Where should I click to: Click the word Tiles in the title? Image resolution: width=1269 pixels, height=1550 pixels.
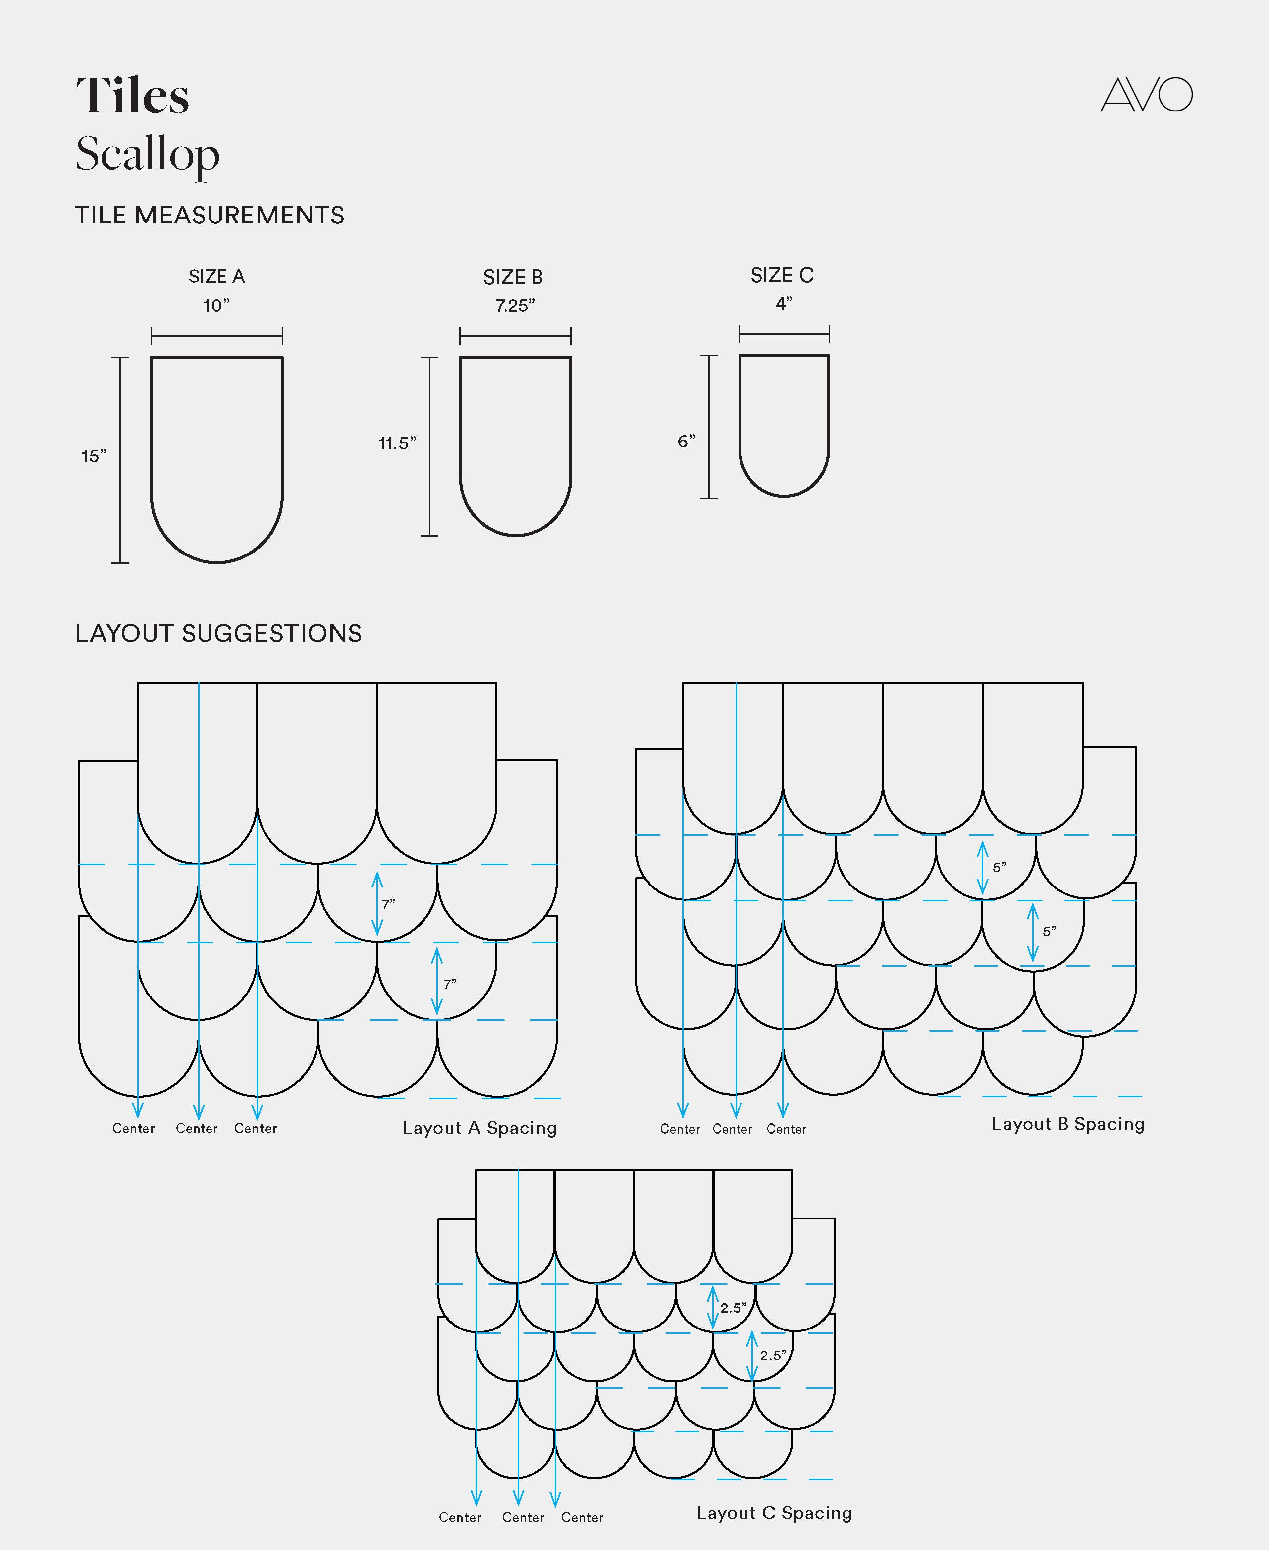point(132,96)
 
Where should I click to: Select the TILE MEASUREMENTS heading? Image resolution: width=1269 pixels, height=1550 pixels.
point(209,216)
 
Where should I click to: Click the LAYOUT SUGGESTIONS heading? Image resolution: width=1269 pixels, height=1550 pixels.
point(218,633)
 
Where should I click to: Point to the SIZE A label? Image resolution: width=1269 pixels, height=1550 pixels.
point(216,276)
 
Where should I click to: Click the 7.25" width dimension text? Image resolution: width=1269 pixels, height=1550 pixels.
point(515,306)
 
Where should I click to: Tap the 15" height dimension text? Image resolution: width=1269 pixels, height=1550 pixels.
point(94,457)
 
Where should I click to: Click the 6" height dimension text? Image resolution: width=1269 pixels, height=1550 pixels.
point(686,442)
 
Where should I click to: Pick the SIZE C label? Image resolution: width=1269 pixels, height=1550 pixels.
point(781,276)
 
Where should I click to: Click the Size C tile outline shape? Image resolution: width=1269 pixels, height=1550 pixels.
point(784,424)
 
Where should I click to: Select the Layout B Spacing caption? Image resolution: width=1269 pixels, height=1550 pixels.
point(1067,1124)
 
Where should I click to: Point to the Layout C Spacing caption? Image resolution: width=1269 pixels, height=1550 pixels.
point(773,1513)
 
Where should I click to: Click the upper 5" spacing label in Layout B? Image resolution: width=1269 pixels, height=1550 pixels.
point(999,867)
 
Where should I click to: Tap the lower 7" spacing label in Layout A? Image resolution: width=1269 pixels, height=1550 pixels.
point(449,984)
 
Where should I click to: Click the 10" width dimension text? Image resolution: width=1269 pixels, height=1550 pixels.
point(216,306)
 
